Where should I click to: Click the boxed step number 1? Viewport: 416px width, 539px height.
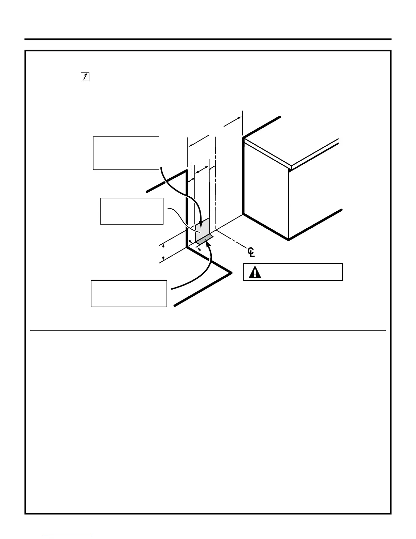click(85, 77)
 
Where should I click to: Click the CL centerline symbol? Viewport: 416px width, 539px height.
click(251, 252)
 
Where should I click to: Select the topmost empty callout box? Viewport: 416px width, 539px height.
click(126, 153)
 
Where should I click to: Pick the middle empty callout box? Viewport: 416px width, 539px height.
click(132, 211)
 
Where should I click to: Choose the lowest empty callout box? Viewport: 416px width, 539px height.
click(129, 293)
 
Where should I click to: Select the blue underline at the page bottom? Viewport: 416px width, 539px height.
click(68, 536)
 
